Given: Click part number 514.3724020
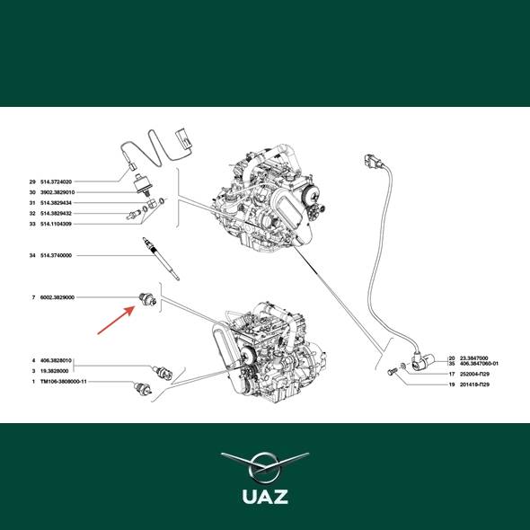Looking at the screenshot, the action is [x=56, y=181].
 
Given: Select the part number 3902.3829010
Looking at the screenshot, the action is [x=57, y=192].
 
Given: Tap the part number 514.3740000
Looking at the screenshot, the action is [x=56, y=255].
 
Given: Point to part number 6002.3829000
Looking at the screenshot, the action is [x=57, y=297].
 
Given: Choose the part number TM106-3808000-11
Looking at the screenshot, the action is [x=64, y=382].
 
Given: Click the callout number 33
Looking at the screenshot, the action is [x=32, y=224].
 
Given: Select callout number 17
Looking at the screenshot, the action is [x=452, y=375].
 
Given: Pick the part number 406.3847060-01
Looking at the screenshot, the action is [x=479, y=364].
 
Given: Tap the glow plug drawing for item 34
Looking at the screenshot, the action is [x=161, y=258].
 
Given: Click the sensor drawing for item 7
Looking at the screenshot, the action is [x=147, y=299].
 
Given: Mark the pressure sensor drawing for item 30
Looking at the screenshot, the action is [x=142, y=185].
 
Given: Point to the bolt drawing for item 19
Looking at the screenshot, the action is [x=392, y=372].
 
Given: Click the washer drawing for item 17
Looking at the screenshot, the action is [x=402, y=366].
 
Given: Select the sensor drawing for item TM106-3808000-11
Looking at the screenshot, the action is [x=143, y=388].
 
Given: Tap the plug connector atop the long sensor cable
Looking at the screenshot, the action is [x=371, y=161].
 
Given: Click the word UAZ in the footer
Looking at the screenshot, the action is [x=265, y=497].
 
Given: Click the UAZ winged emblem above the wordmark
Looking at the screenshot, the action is [x=265, y=467].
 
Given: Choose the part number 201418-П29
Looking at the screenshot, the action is [x=474, y=384].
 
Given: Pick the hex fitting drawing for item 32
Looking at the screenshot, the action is [x=133, y=215].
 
